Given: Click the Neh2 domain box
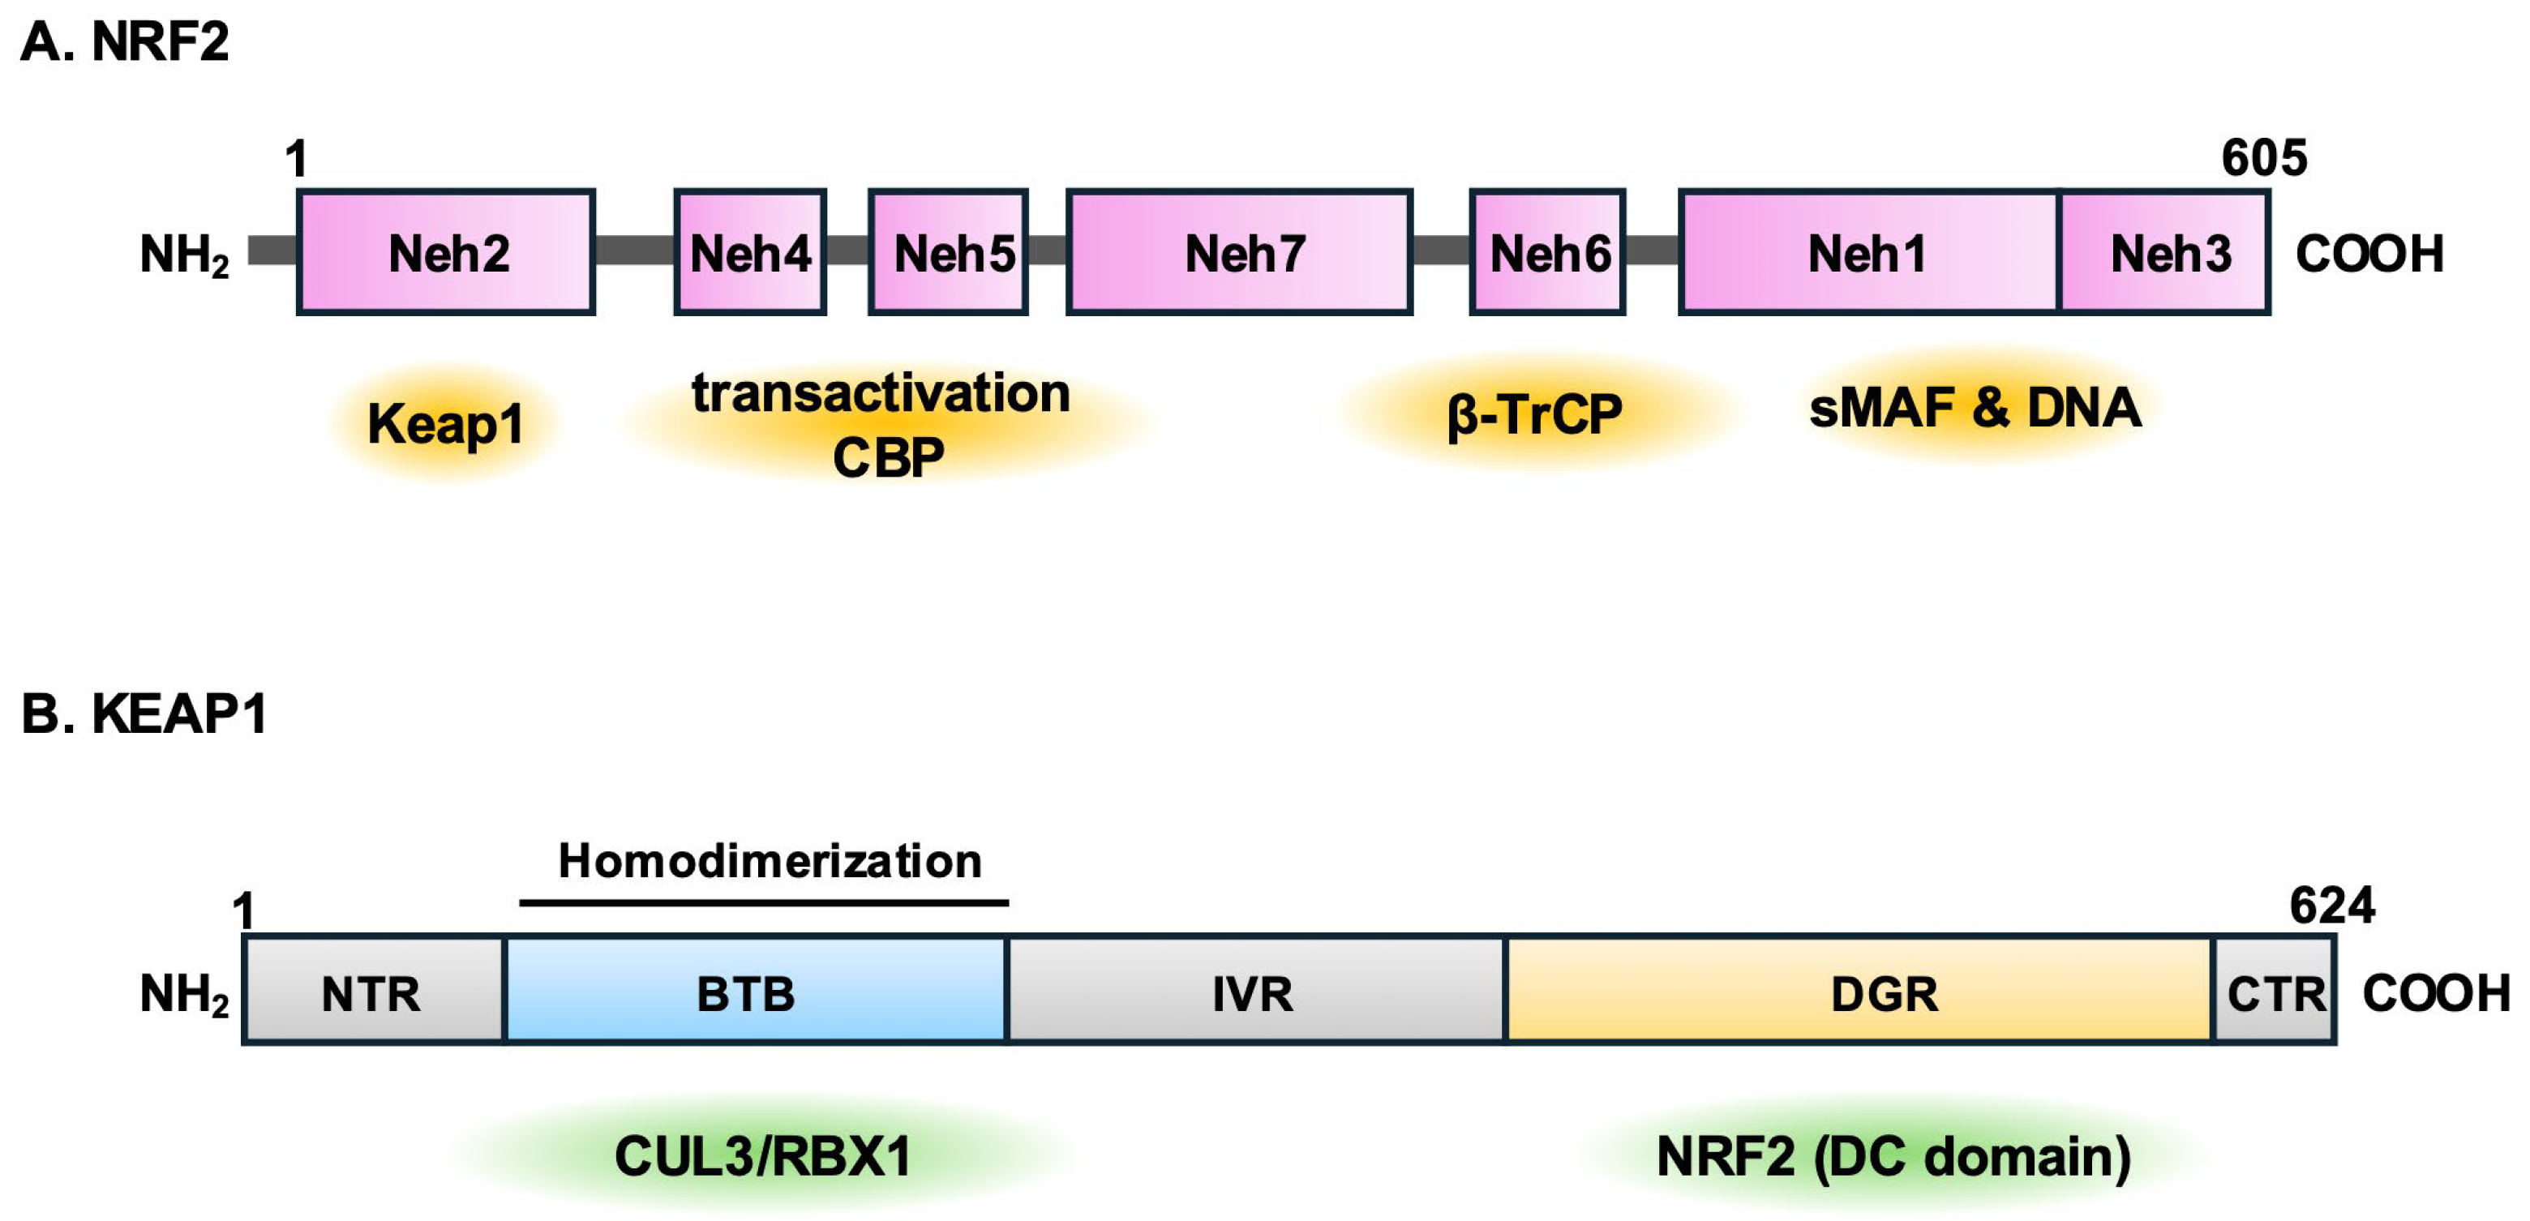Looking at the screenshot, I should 446,252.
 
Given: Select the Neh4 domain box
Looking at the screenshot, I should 749,252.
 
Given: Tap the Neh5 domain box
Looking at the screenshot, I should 949,252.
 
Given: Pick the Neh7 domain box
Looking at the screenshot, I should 1240,252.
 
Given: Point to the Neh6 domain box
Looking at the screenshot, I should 1548,252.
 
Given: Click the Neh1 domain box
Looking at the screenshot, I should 1868,252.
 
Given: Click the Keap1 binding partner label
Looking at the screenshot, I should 445,423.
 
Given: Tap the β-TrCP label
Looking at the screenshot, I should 1534,413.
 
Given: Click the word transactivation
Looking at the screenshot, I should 880,393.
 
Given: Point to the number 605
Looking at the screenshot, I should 2264,158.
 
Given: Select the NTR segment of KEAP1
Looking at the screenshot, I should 372,992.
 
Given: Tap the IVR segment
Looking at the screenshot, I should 1253,992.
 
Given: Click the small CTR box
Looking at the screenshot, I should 2275,992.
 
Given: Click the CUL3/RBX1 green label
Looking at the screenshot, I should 762,1156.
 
